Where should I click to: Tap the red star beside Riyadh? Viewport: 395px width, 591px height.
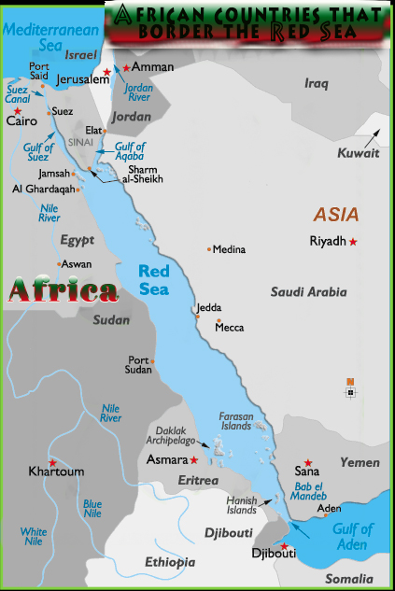[x=353, y=242]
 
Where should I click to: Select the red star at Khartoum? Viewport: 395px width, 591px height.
[x=52, y=462]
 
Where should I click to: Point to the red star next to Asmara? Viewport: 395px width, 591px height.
[x=194, y=460]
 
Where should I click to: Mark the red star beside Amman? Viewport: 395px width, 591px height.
[x=126, y=68]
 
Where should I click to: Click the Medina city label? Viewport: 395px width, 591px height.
[x=229, y=249]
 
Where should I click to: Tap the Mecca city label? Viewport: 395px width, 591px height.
[x=230, y=328]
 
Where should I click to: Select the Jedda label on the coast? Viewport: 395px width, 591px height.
[x=209, y=308]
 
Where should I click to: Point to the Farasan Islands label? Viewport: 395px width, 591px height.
[x=235, y=420]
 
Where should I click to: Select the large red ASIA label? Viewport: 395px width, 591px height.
[x=335, y=214]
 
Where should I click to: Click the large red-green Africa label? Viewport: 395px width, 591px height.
[x=63, y=291]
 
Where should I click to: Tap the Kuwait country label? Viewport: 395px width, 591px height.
[x=359, y=153]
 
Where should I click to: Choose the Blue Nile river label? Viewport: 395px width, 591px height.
[x=92, y=508]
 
